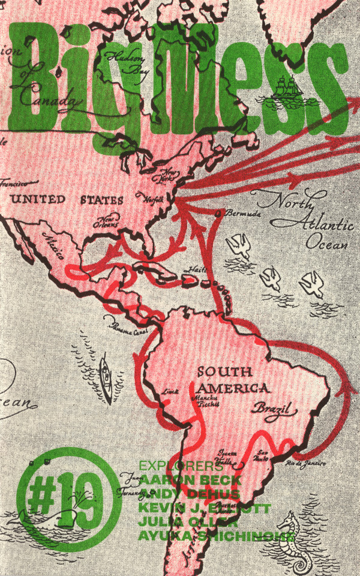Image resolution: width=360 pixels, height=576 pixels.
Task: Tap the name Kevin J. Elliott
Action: (204, 508)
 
